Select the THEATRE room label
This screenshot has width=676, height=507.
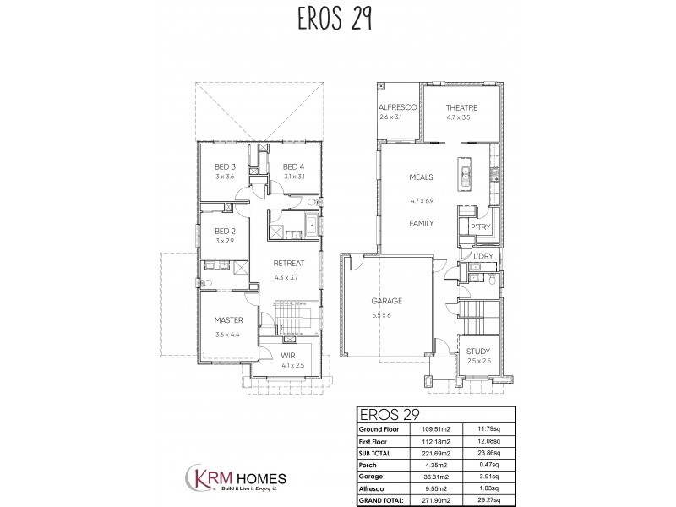click(x=464, y=107)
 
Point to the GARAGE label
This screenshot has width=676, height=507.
click(x=386, y=301)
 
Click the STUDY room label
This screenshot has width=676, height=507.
click(x=478, y=351)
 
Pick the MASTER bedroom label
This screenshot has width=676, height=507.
click(x=228, y=320)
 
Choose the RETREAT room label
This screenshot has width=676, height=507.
click(x=288, y=263)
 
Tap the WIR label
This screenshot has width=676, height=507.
click(x=288, y=356)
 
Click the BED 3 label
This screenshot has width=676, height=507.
click(x=225, y=166)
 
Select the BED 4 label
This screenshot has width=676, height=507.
click(x=293, y=166)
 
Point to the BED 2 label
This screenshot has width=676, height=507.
click(x=224, y=231)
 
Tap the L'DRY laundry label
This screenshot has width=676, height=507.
click(x=483, y=256)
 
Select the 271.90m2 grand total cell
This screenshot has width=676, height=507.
click(x=442, y=498)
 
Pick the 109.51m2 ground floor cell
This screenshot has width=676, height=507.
click(x=442, y=428)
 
